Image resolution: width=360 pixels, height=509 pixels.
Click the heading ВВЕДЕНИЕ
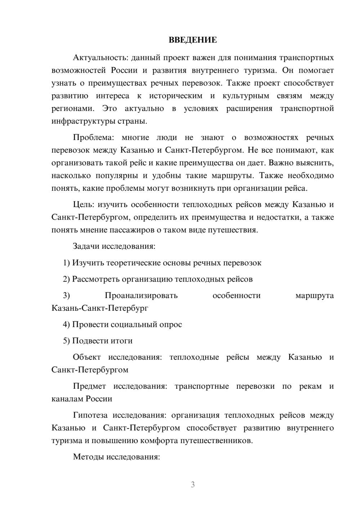tap(193, 40)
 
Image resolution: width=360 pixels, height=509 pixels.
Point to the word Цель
tap(83, 204)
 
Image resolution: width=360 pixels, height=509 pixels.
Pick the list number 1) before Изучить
tap(67, 263)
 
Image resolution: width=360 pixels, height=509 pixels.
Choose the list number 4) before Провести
tap(67, 324)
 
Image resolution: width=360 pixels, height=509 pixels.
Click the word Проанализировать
tap(141, 296)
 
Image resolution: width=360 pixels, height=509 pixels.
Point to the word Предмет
tap(89, 386)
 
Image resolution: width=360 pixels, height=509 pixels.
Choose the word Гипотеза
tap(90, 415)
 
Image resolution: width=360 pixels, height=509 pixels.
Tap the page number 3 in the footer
tap(193, 485)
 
